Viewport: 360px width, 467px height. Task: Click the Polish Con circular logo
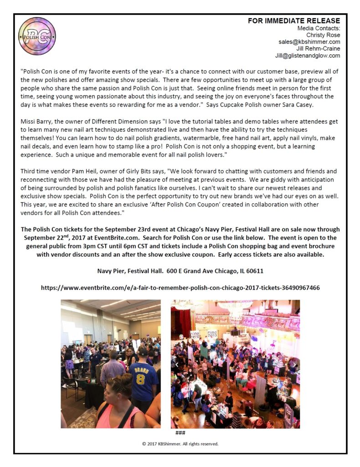pyautogui.click(x=37, y=36)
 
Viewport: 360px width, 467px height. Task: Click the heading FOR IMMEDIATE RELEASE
pyautogui.click(x=293, y=21)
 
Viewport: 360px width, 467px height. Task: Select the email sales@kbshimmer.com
pyautogui.click(x=309, y=42)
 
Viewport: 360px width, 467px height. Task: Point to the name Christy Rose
pyautogui.click(x=323, y=35)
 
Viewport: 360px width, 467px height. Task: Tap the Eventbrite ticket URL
pyautogui.click(x=180, y=288)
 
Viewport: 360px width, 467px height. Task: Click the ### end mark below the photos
pyautogui.click(x=180, y=432)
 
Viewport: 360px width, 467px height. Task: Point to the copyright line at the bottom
pyautogui.click(x=180, y=444)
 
